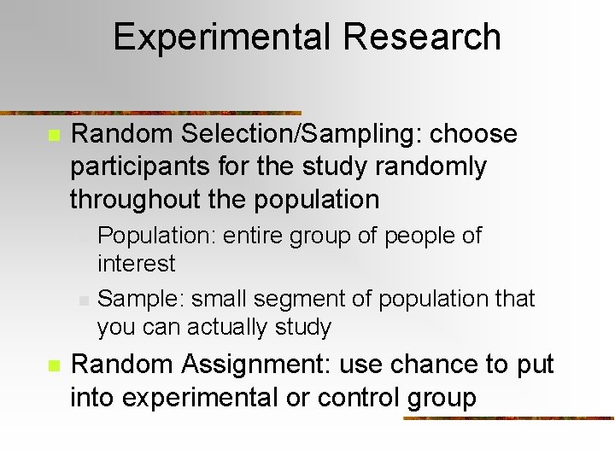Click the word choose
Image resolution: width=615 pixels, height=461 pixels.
(474, 134)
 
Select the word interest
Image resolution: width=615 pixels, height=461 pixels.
(137, 263)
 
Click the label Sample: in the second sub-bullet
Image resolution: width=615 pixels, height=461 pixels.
(141, 299)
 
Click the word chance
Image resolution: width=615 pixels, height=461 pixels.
(435, 365)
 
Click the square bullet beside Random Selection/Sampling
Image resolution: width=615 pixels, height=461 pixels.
(53, 135)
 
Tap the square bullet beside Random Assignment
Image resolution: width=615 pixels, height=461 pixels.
(53, 365)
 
